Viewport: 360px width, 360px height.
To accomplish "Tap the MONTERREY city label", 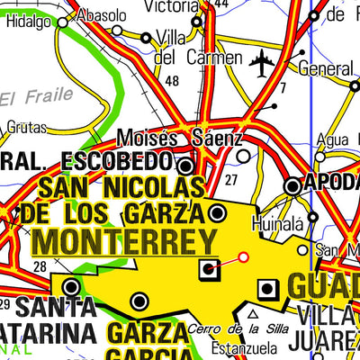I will click(x=124, y=242).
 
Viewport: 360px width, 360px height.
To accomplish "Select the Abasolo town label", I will click(x=101, y=15).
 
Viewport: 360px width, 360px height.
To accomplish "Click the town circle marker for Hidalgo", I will click(x=62, y=23).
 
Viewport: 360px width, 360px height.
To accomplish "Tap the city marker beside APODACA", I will click(x=292, y=186).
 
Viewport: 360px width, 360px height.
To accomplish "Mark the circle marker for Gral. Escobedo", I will click(x=185, y=166).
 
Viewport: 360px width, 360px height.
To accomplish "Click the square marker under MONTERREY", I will click(x=209, y=267).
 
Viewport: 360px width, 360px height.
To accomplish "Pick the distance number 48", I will click(x=173, y=81).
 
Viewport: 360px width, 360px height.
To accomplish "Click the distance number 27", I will click(x=231, y=180).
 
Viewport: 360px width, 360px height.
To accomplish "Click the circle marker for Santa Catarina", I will click(x=70, y=287).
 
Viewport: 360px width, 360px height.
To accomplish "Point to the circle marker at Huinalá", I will click(x=312, y=217).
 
